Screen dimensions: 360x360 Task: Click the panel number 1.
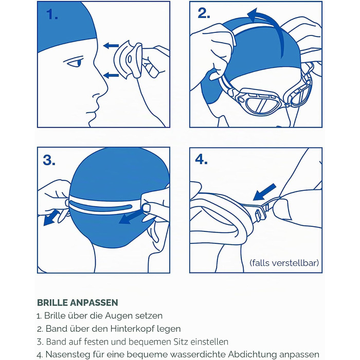pos(52,14)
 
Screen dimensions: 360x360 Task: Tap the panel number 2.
pos(204,13)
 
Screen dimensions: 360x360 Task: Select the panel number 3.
pos(49,160)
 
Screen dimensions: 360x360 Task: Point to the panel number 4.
pos(202,159)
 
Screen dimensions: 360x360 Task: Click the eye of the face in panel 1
pos(75,62)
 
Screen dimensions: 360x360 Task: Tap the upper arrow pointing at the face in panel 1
pos(111,46)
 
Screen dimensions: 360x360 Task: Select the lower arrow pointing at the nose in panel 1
pos(111,75)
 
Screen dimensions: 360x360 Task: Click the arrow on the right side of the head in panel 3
pos(131,217)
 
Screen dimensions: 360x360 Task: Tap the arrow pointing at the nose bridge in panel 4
pos(264,192)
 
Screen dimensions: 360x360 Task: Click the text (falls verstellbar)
pos(284,263)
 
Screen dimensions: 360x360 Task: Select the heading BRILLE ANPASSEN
pos(78,302)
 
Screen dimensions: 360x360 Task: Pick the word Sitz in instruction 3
pos(180,341)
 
